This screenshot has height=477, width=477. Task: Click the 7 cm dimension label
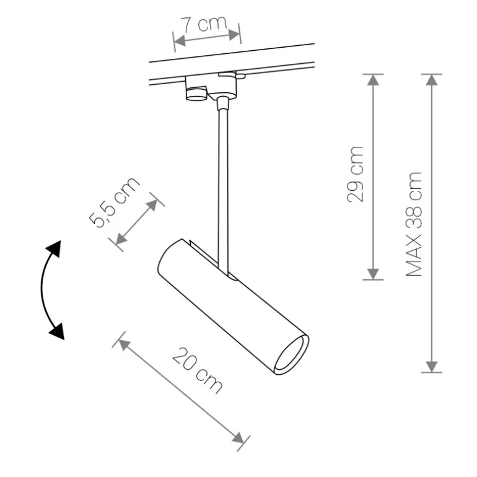point(204,24)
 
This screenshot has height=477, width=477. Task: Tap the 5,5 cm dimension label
point(114,203)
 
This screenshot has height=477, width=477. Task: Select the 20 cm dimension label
point(198,370)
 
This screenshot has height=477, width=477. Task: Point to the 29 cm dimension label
point(355,174)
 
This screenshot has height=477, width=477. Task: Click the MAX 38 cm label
point(414,224)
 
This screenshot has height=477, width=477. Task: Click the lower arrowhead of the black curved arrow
point(57,331)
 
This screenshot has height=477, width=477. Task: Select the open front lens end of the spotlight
point(291,355)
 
